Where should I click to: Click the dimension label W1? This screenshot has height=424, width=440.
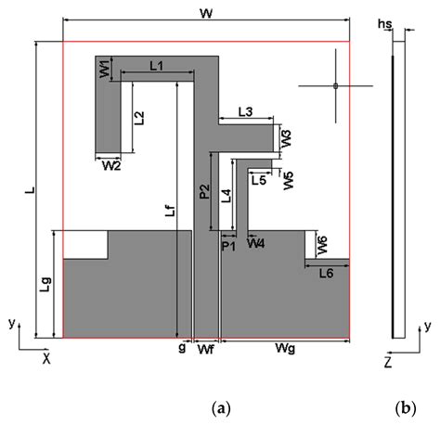click(105, 68)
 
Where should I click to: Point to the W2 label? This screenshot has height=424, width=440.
click(110, 166)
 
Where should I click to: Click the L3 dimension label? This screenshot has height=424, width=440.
click(245, 111)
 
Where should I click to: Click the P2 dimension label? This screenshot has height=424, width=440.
click(203, 192)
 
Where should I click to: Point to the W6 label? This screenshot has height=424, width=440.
click(322, 246)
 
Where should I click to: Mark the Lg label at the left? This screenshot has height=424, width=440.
click(46, 285)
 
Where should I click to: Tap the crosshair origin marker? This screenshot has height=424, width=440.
click(334, 86)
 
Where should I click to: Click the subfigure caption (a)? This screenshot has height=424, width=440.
click(220, 406)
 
